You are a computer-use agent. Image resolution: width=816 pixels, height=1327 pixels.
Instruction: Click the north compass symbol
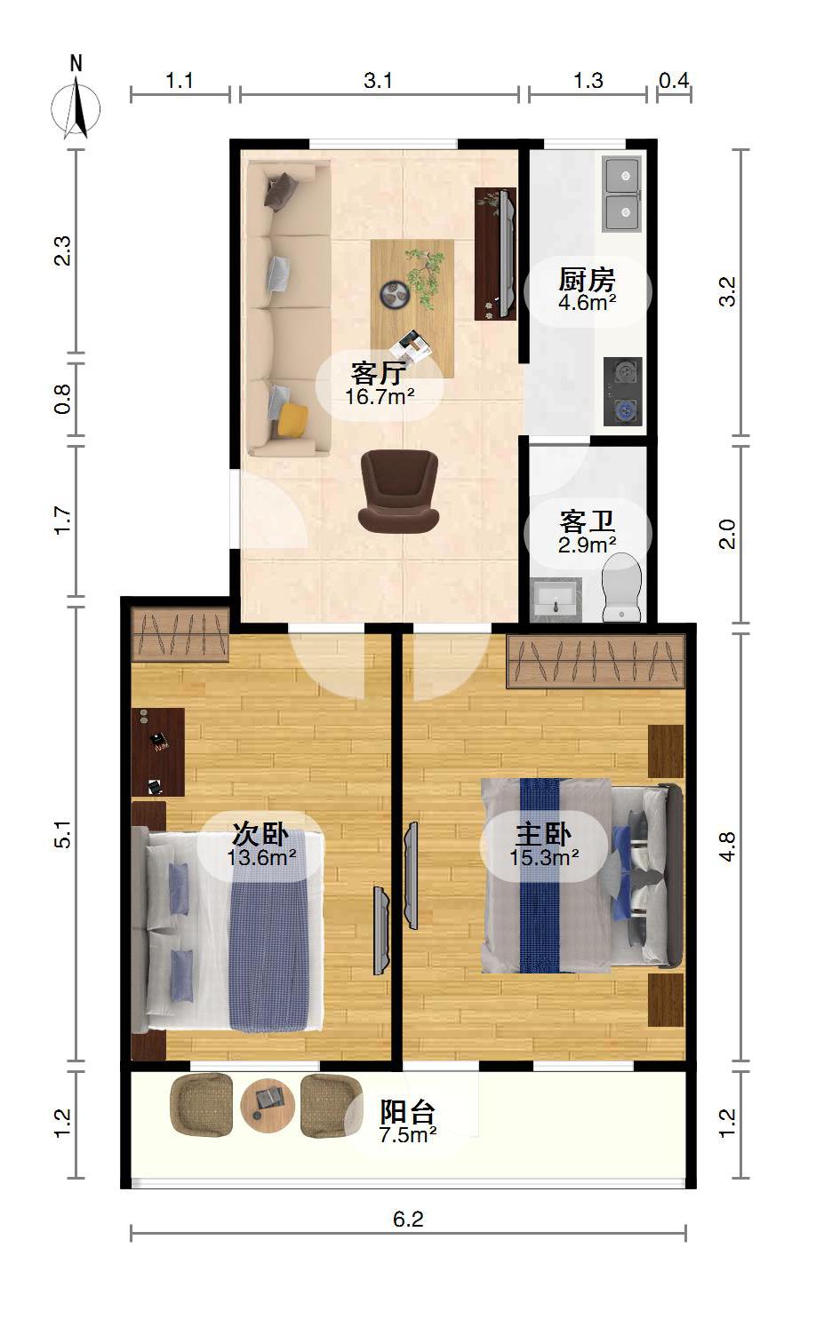tap(76, 100)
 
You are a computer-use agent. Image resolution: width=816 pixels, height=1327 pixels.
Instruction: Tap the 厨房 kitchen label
tap(587, 280)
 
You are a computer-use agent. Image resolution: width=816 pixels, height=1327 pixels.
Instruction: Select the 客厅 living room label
tap(379, 373)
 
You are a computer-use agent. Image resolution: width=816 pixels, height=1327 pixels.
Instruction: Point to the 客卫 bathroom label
tap(587, 522)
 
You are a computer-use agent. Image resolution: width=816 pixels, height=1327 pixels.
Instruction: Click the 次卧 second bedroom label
tap(260, 835)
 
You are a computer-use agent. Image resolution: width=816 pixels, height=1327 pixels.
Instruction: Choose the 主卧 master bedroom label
tap(544, 835)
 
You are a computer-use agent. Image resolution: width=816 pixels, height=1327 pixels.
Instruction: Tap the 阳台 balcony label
tap(408, 1112)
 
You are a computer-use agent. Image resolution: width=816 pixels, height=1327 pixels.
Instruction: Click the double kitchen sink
tap(622, 194)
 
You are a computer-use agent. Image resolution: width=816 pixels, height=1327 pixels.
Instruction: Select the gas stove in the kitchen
tap(623, 391)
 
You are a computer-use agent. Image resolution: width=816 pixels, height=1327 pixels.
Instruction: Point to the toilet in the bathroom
tap(622, 587)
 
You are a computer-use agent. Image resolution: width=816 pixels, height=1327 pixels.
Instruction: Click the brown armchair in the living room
tap(399, 491)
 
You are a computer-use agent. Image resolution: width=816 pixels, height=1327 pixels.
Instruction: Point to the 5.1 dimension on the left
tap(63, 835)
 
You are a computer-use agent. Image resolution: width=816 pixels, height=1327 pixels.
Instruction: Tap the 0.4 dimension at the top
tap(675, 81)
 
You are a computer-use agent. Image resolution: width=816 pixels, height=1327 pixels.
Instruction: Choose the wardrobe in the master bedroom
tap(596, 662)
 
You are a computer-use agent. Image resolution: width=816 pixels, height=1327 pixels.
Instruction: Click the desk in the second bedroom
tap(157, 752)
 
